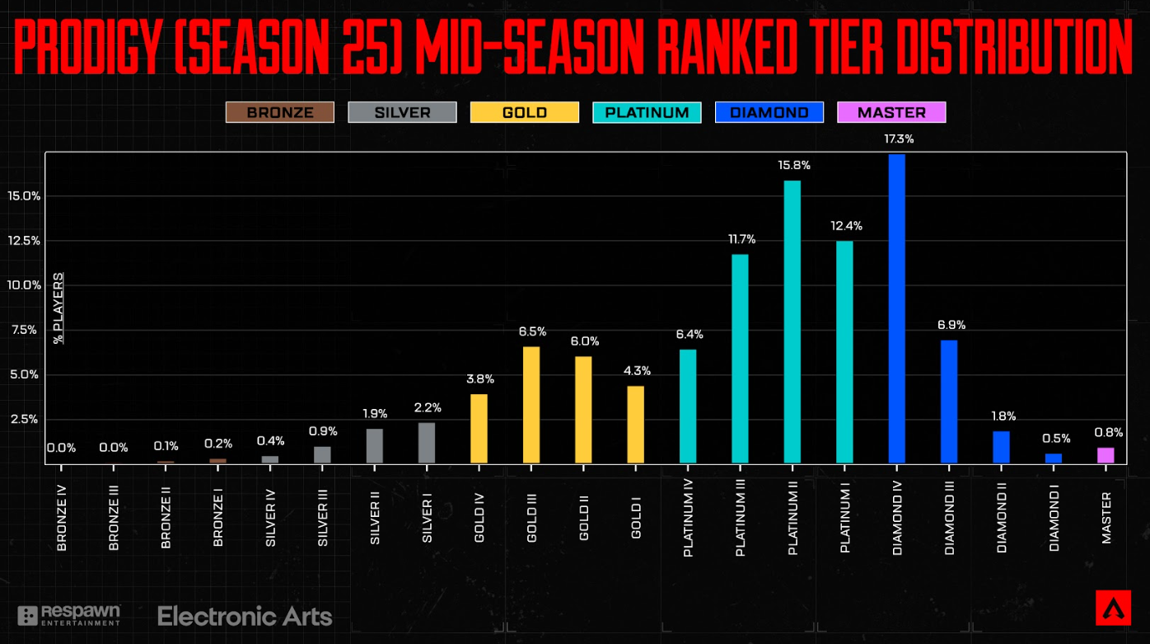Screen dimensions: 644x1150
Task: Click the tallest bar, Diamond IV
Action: pos(896,309)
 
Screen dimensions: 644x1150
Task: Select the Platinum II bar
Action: pos(792,322)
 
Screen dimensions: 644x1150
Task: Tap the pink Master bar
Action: pos(1106,455)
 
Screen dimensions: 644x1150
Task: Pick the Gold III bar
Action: pos(531,405)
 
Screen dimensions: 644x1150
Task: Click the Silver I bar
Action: pos(427,443)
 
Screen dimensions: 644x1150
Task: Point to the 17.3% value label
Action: pos(898,139)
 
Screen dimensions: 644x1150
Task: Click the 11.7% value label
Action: pos(741,239)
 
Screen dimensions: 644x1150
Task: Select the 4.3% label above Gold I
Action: pos(636,371)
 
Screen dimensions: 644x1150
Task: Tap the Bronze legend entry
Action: pos(280,112)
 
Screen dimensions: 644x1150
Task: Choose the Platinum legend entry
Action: pos(647,112)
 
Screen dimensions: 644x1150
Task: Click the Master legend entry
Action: pos(891,112)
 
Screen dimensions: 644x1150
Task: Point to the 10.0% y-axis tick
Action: pos(23,285)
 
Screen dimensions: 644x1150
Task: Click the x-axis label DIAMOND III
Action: pos(950,522)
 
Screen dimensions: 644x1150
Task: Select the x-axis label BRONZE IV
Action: pos(62,522)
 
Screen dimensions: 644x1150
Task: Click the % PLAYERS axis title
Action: pos(58,308)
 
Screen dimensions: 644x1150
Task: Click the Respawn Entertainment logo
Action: pos(70,615)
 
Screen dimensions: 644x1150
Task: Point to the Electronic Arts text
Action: pos(245,616)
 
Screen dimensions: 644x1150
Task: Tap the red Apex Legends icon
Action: pos(1113,608)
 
